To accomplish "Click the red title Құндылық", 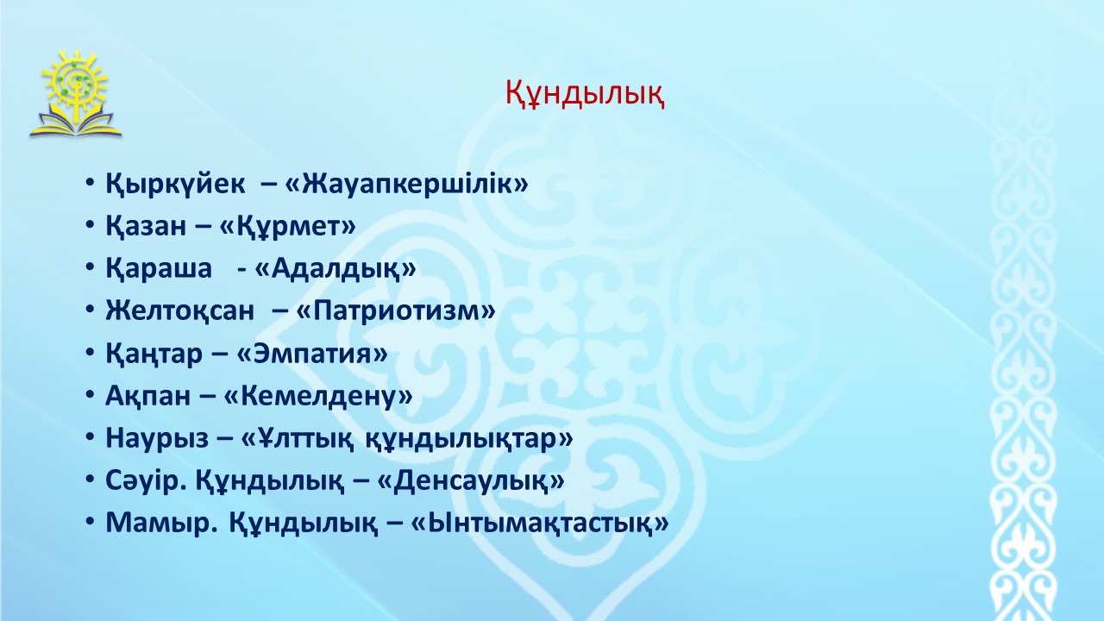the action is tap(585, 93).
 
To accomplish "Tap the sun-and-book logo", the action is tap(75, 94).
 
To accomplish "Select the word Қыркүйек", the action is tap(175, 185).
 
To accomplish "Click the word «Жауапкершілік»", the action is tap(406, 184).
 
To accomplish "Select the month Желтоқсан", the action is tap(180, 311).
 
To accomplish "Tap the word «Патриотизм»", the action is tap(396, 311).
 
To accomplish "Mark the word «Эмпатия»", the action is tap(312, 354).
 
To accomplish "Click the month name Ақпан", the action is tap(147, 396).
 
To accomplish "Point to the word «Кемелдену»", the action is tap(318, 396).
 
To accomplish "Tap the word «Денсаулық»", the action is tap(471, 481).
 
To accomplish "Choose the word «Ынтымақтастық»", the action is tap(539, 524).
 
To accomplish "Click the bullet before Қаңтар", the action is tap(89, 353).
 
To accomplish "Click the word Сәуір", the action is tap(146, 481).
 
